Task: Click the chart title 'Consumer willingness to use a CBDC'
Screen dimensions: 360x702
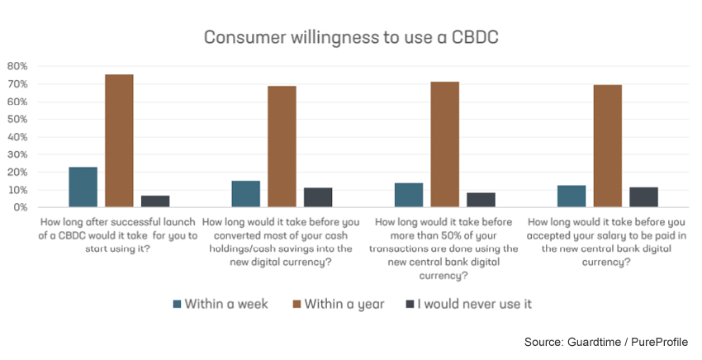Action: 350,38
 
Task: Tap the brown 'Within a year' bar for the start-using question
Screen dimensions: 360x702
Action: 119,141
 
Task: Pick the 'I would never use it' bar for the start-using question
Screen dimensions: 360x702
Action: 155,201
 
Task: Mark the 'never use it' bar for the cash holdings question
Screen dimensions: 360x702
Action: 318,197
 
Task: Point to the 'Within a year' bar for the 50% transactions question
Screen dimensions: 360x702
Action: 444,144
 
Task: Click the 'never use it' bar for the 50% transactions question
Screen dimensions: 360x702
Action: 481,200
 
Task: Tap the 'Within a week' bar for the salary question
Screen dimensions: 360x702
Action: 571,197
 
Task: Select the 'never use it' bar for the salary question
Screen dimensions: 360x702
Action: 643,197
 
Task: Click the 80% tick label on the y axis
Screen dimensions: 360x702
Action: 17,66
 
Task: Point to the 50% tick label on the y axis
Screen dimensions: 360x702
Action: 17,119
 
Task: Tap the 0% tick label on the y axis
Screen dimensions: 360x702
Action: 20,207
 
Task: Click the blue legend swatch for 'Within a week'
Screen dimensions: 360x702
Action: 178,304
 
